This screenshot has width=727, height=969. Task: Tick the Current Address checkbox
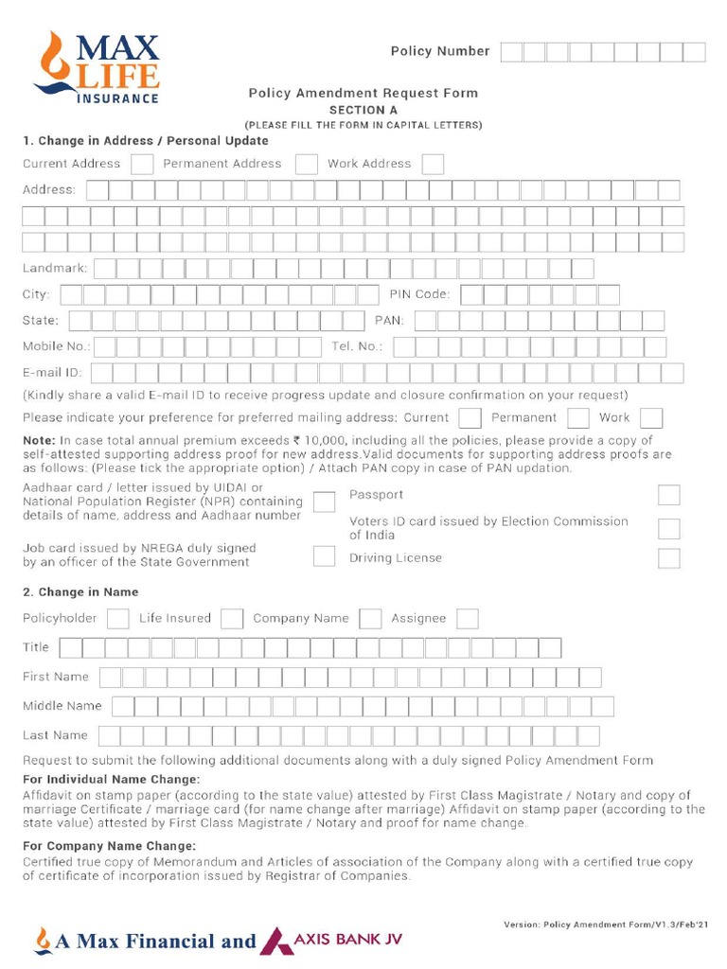(142, 164)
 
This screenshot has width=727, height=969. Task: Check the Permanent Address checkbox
(306, 164)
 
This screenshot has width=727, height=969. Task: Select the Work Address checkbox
(433, 164)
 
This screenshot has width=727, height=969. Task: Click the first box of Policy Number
(511, 52)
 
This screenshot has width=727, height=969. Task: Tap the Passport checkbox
(668, 495)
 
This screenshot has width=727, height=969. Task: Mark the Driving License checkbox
(668, 558)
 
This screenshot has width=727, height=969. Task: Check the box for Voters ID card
(668, 529)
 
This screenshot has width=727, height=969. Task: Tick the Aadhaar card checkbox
(324, 502)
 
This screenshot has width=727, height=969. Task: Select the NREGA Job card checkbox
(324, 555)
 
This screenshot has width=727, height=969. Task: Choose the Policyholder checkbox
(118, 619)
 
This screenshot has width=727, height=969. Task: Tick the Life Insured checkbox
(232, 619)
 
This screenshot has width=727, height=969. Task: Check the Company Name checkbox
(370, 619)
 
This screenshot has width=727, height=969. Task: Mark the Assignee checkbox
(467, 619)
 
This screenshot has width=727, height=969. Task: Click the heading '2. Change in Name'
(80, 592)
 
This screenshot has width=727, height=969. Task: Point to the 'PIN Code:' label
(419, 294)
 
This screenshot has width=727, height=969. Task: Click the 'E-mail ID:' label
(52, 373)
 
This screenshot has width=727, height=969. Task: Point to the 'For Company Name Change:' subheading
(110, 846)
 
